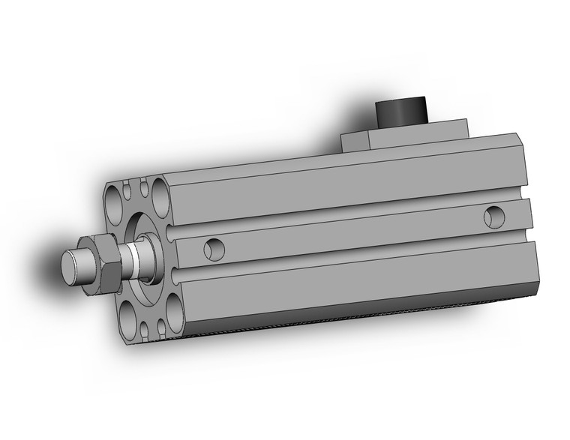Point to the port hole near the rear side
point(493,217)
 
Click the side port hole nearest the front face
point(214,247)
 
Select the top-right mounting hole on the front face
point(158,188)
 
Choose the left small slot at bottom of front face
point(143,328)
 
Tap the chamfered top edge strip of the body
point(337,164)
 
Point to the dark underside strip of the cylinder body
point(360,311)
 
